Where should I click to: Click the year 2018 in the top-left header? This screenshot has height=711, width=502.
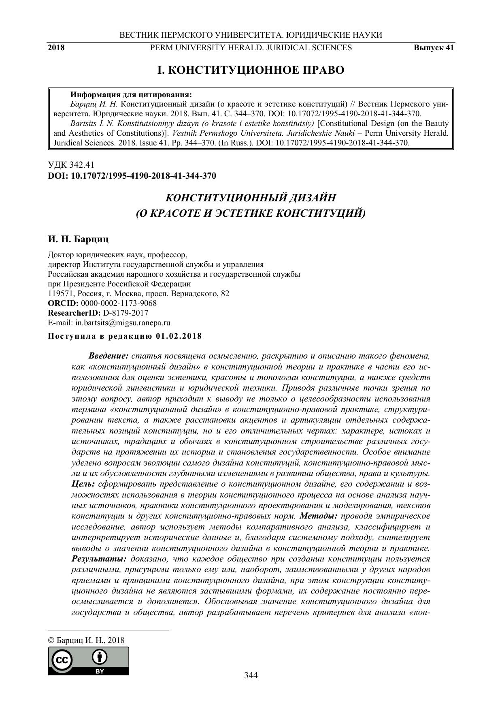point(56,48)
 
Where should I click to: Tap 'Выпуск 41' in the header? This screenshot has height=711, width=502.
point(434,48)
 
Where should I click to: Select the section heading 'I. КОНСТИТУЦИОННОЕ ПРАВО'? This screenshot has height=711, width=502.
point(251,70)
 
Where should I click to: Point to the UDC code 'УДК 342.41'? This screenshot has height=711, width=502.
point(71,165)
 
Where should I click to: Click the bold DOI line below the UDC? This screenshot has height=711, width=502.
point(132,176)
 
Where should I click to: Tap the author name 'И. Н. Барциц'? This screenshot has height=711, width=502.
point(78,239)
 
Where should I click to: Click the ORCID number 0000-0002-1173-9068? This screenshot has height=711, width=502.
point(119,303)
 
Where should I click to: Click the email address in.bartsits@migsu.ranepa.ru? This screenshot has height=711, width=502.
point(123,322)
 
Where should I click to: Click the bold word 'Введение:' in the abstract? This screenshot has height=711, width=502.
point(108,356)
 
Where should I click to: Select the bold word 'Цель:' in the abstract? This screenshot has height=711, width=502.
point(83,484)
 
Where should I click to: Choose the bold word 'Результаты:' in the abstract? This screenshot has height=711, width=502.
point(99,559)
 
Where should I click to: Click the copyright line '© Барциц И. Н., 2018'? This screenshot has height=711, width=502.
point(86,641)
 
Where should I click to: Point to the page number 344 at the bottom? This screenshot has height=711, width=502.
point(251,675)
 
